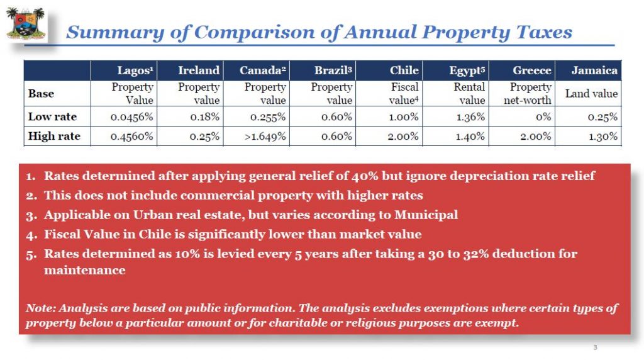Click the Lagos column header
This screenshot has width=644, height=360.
click(136, 70)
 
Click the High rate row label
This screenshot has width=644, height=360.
click(54, 136)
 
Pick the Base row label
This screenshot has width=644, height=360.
click(42, 94)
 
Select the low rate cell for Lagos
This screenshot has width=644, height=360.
click(131, 116)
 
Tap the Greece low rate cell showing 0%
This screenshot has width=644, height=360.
click(541, 116)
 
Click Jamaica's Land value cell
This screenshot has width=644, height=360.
click(591, 94)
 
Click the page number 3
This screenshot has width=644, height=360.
click(595, 347)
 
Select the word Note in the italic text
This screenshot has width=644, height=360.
click(38, 308)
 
